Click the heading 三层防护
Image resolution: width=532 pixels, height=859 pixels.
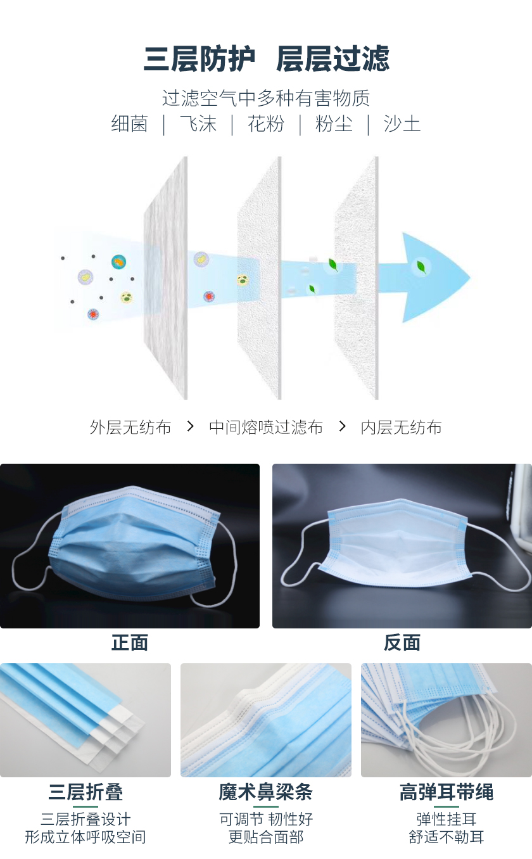(199, 60)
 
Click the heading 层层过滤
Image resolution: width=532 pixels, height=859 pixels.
(332, 60)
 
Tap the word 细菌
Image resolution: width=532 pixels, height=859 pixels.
(129, 124)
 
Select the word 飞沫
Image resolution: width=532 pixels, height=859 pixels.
(198, 124)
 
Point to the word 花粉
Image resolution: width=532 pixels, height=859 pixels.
(266, 124)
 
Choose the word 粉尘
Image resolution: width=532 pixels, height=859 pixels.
(334, 124)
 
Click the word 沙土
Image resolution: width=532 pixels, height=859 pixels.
(402, 124)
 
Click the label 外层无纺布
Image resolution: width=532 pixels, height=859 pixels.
(130, 428)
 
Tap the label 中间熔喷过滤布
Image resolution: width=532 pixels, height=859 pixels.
(266, 428)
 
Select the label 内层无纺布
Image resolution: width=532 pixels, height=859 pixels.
(401, 428)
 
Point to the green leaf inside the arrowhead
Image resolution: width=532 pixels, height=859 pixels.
(421, 267)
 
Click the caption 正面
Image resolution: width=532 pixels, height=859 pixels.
(130, 643)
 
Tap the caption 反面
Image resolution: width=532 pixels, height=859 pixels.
(402, 643)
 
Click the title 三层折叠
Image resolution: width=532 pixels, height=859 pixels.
(85, 792)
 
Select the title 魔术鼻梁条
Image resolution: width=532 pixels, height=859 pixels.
(266, 792)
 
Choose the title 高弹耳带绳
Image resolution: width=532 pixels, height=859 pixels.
(446, 792)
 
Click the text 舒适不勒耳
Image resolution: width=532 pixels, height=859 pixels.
(446, 837)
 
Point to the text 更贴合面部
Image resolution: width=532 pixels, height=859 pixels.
(266, 837)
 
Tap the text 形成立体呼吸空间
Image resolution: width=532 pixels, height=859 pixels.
(85, 837)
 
